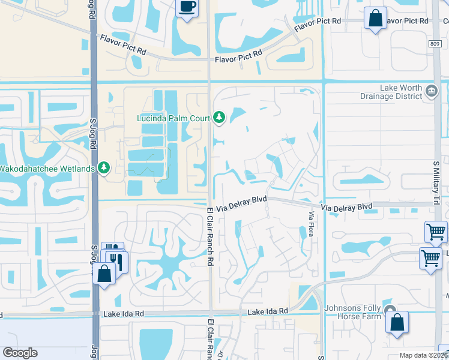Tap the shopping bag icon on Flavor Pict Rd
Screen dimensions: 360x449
[376, 18]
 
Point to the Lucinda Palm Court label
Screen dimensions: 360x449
[173, 118]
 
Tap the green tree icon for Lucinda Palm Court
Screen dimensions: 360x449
[219, 117]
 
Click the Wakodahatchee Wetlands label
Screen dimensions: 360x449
[47, 168]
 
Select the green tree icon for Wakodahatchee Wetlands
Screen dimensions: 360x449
[104, 167]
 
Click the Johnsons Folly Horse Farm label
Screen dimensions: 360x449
[353, 312]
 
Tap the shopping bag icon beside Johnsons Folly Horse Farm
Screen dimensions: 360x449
[397, 322]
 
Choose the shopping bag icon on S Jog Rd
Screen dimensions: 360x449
[104, 275]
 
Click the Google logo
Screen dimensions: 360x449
[20, 353]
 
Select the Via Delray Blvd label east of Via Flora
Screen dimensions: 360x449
[346, 206]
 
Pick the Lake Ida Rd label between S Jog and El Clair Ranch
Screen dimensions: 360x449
[125, 313]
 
